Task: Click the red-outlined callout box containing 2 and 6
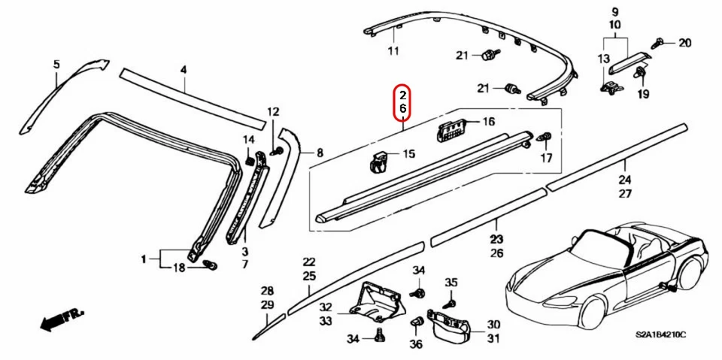coord(403,102)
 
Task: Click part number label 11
coord(393,51)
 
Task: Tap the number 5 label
coord(55,65)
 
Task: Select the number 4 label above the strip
coord(182,70)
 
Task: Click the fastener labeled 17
coord(546,138)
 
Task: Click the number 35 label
coord(450,282)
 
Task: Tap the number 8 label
coord(320,153)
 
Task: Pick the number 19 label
coord(643,95)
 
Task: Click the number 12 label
coord(273,113)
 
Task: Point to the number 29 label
coord(267,304)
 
